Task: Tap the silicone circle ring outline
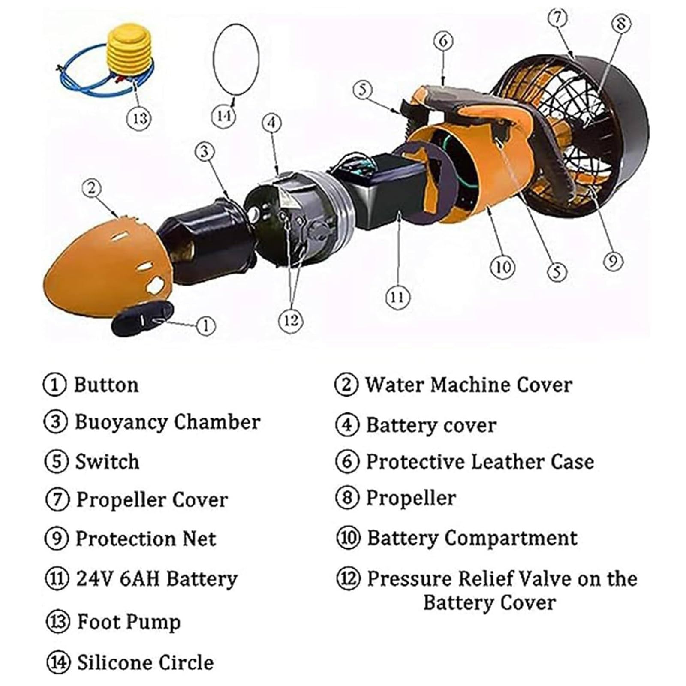214,60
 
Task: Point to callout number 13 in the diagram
140,117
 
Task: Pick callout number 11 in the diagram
397,297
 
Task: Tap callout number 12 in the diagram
291,320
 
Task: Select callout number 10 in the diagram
502,267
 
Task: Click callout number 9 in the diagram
612,261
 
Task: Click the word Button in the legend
106,385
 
